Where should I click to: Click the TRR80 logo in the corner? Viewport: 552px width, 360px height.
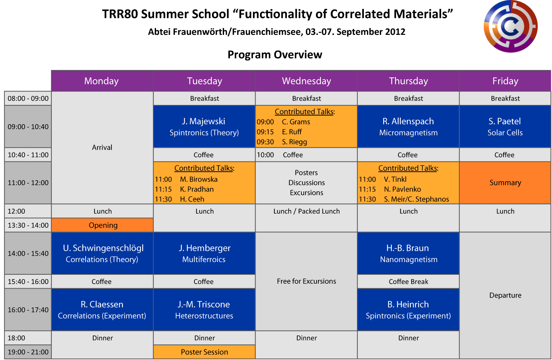pos(511,26)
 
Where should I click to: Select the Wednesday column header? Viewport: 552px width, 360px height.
pos(306,81)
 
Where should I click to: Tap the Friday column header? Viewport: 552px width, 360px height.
pos(505,81)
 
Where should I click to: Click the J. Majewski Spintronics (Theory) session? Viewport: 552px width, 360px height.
pos(204,126)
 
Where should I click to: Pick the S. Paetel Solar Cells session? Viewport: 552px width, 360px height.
pos(505,126)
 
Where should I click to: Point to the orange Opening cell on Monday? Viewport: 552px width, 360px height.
pos(103,225)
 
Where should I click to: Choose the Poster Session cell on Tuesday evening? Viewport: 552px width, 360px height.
pos(204,352)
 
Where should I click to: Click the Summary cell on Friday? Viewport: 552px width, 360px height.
pos(505,183)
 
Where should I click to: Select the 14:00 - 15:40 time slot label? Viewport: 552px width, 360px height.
pos(28,253)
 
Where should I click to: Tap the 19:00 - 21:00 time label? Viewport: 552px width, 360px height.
pos(28,352)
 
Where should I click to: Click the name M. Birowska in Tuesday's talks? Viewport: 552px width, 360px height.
pos(198,179)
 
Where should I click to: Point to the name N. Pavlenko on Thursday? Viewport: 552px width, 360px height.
pos(403,189)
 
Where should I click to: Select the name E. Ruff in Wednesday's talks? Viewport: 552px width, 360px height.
pos(292,132)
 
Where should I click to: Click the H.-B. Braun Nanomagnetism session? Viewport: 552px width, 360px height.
pos(408,253)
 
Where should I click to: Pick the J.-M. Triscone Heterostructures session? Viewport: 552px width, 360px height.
pos(204,310)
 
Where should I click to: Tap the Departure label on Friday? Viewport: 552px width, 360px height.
pos(505,295)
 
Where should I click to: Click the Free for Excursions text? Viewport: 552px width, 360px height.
pos(306,281)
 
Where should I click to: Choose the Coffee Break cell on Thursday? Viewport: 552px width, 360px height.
pos(408,281)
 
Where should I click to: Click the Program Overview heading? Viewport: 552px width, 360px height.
pos(275,55)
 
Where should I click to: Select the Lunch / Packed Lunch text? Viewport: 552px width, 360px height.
pos(306,211)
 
